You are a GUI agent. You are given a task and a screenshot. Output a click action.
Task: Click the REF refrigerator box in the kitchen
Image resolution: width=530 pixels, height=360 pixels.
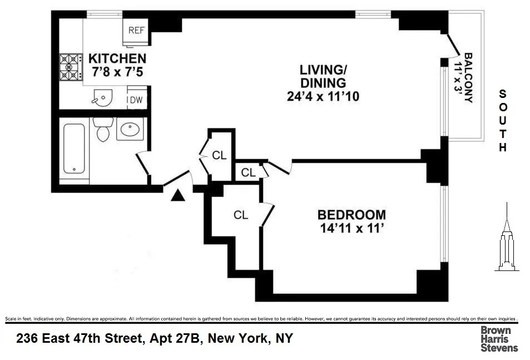pyautogui.click(x=136, y=30)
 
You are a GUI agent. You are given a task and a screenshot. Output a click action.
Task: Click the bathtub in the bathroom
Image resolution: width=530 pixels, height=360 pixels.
pyautogui.click(x=74, y=150)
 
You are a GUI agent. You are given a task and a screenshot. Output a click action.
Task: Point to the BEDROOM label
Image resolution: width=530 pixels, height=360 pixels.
pyautogui.click(x=351, y=215)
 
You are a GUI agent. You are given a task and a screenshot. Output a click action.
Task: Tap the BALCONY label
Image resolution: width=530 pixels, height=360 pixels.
pyautogui.click(x=469, y=77)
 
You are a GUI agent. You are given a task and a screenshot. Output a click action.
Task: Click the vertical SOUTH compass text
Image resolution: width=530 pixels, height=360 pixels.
pyautogui.click(x=503, y=121)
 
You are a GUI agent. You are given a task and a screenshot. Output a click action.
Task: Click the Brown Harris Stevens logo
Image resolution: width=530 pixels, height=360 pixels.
pyautogui.click(x=499, y=339)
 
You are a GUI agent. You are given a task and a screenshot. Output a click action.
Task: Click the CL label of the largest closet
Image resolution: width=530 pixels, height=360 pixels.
pyautogui.click(x=240, y=215)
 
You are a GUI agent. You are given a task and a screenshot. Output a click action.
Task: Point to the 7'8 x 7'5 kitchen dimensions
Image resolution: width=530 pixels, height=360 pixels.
pyautogui.click(x=117, y=71)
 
